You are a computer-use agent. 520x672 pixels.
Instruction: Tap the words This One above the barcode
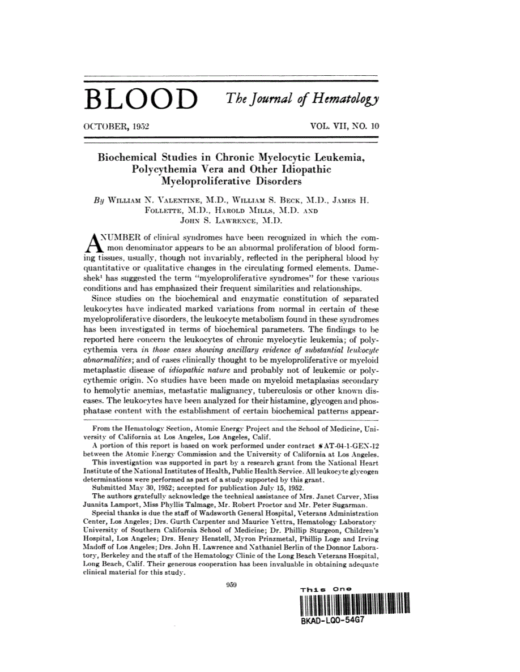pyautogui.click(x=326, y=589)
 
